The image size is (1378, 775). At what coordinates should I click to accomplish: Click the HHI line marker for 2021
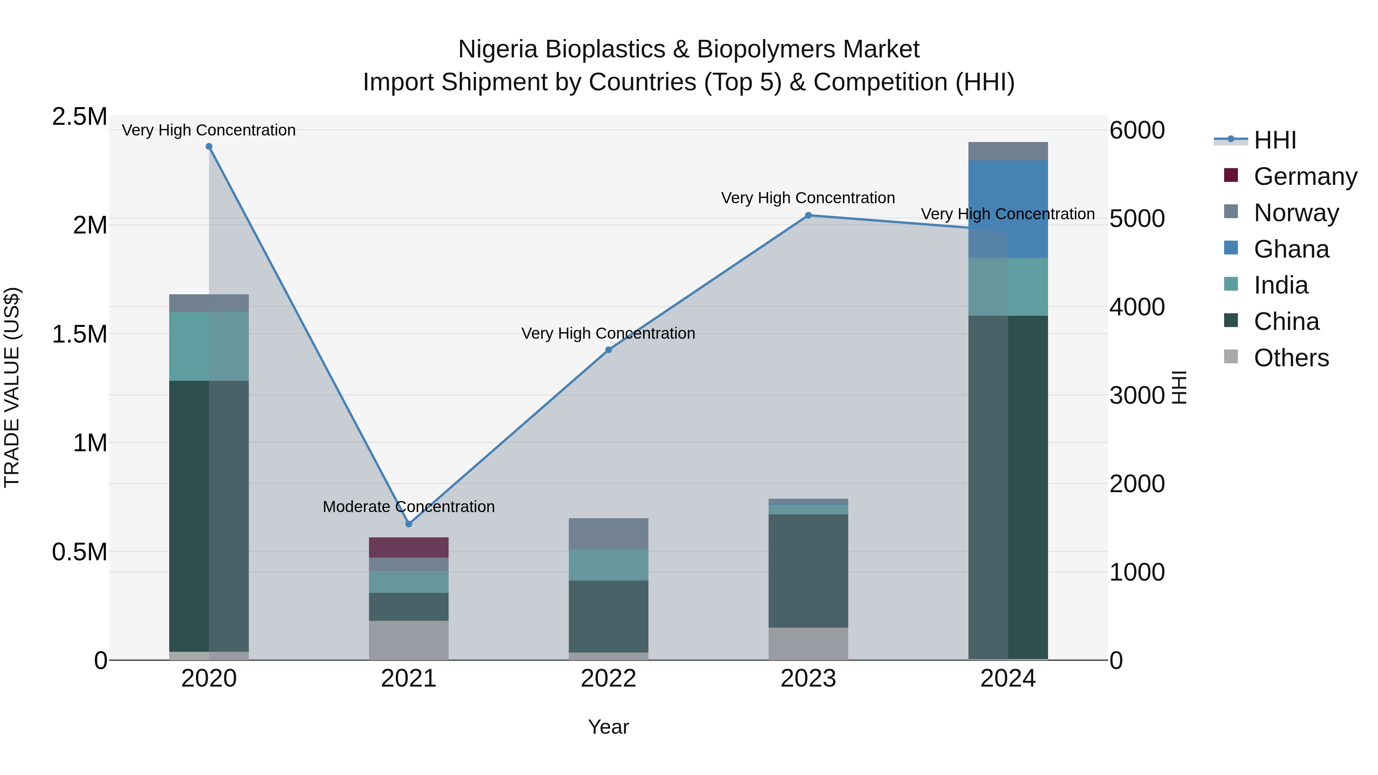pyautogui.click(x=409, y=524)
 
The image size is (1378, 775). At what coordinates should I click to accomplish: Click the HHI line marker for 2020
pyautogui.click(x=209, y=147)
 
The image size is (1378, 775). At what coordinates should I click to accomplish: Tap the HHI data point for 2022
pyautogui.click(x=608, y=350)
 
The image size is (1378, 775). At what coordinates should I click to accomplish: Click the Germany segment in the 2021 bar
pyautogui.click(x=409, y=547)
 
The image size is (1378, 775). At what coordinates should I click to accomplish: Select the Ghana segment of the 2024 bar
pyautogui.click(x=1008, y=209)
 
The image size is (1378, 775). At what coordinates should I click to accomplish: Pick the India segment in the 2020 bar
pyautogui.click(x=209, y=346)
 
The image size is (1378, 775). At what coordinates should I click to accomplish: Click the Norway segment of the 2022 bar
pyautogui.click(x=608, y=533)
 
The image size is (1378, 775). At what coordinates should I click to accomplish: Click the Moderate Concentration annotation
pyautogui.click(x=409, y=506)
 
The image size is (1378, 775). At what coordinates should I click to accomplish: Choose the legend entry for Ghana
pyautogui.click(x=1291, y=249)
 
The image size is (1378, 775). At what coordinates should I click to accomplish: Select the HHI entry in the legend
pyautogui.click(x=1275, y=140)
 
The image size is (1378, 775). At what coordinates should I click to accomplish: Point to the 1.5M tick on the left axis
pyautogui.click(x=80, y=334)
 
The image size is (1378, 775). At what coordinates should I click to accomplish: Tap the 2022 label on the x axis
pyautogui.click(x=608, y=679)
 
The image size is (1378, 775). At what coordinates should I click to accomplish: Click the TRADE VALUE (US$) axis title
pyautogui.click(x=12, y=387)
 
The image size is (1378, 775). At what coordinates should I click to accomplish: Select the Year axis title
pyautogui.click(x=608, y=727)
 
